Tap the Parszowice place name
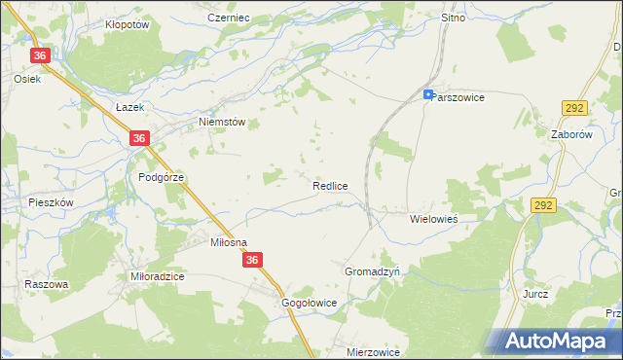459,97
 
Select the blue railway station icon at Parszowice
429,94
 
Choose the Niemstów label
221,122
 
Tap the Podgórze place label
161,177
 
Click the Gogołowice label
309,303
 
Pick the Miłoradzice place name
158,276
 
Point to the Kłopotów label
127,24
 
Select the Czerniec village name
230,18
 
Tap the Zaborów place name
571,135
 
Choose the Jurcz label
535,294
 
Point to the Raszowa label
47,284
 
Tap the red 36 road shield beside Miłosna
253,260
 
